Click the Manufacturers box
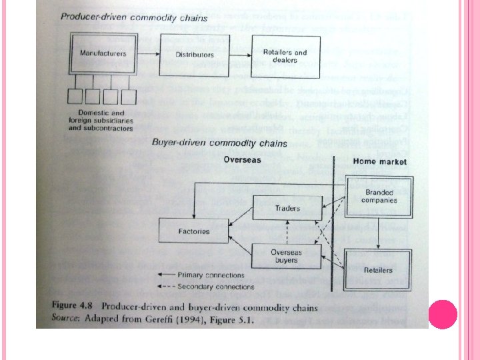click(x=104, y=53)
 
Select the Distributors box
click(x=194, y=55)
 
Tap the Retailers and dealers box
click(x=285, y=56)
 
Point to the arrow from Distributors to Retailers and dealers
click(x=239, y=55)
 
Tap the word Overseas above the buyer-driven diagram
click(x=243, y=160)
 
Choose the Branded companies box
click(x=379, y=196)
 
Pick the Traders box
click(x=287, y=209)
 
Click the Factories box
click(x=193, y=232)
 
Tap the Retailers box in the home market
click(x=378, y=270)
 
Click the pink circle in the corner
click(x=442, y=315)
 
